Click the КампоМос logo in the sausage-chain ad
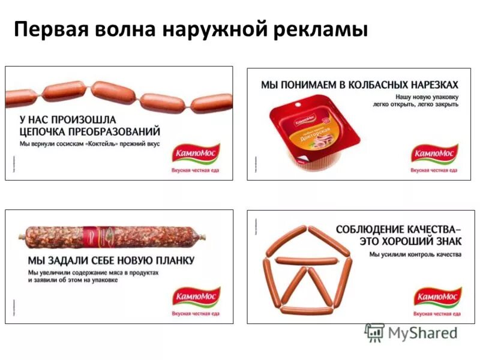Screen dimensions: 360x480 pyautogui.click(x=196, y=154)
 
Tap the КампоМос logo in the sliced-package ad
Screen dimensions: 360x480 pyautogui.click(x=434, y=154)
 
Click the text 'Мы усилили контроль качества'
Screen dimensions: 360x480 pyautogui.click(x=415, y=255)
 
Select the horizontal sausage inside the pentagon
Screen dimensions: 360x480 pyautogui.click(x=306, y=259)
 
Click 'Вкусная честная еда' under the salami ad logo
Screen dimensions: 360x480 pyautogui.click(x=196, y=314)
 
